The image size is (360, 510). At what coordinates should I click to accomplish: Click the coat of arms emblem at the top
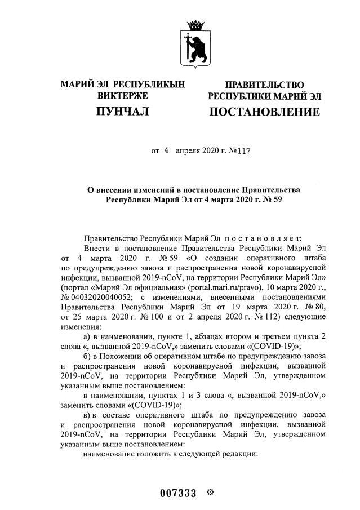[x=197, y=43]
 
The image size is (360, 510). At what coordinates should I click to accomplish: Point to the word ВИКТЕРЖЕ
[x=122, y=96]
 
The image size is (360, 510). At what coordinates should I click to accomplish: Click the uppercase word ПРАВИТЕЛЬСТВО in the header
[x=264, y=85]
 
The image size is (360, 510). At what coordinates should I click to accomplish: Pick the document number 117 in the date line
[x=242, y=152]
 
